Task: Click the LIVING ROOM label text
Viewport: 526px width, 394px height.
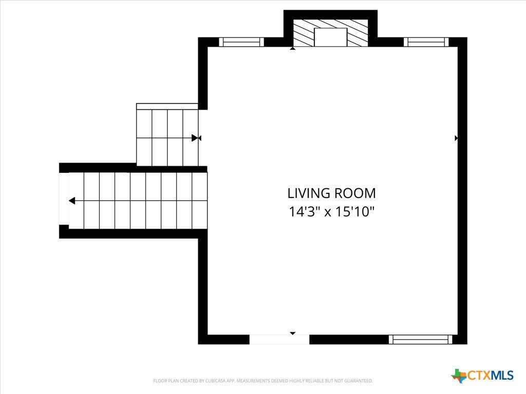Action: (331, 193)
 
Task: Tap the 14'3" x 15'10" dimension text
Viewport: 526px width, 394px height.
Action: (331, 212)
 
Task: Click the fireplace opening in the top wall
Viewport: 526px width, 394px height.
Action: (330, 37)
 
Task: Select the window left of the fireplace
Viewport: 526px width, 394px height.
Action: (241, 42)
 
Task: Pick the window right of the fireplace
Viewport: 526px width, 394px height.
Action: (426, 42)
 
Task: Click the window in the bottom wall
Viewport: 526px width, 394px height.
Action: (421, 340)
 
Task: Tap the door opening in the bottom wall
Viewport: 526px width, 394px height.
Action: (279, 340)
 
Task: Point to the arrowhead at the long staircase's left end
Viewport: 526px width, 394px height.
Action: (72, 201)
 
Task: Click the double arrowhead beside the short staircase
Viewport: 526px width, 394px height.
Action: (196, 138)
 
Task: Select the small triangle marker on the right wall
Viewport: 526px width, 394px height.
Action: (456, 138)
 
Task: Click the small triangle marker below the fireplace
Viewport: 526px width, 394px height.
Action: (292, 49)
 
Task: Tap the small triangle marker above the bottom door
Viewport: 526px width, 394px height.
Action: (292, 333)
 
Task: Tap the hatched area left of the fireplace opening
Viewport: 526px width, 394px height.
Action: (304, 32)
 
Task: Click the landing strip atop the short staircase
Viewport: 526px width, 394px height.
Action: (167, 107)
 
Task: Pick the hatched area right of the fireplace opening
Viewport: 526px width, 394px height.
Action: (358, 32)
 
